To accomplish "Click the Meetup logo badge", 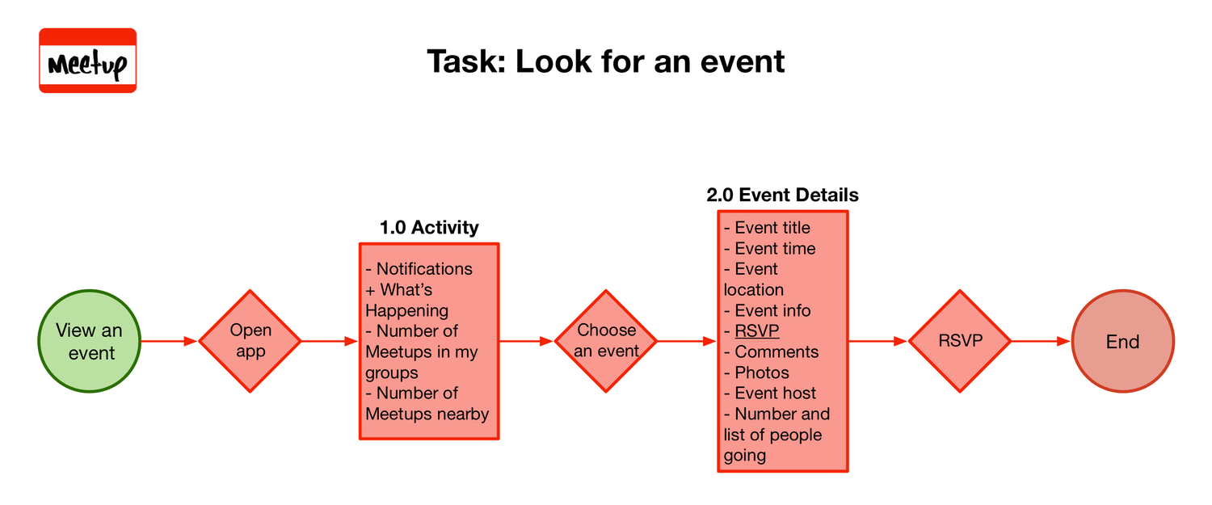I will tap(87, 61).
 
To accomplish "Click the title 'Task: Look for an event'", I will tap(605, 61).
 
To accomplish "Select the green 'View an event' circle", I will tap(90, 341).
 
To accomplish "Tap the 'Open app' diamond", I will tap(250, 341).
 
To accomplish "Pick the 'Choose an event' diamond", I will tap(606, 341).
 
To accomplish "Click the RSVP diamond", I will tap(960, 341).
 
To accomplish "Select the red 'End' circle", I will tap(1122, 341).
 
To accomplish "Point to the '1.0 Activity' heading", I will tap(429, 228).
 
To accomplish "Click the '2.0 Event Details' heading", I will tap(782, 195).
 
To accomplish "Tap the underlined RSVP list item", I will tap(756, 331).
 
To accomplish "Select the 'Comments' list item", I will tap(776, 352).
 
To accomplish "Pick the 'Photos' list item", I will tap(761, 373).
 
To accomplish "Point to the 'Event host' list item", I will tap(775, 393).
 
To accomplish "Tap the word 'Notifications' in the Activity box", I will tap(424, 269).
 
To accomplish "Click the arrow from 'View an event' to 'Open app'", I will tap(170, 341).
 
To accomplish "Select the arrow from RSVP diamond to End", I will tap(1041, 341).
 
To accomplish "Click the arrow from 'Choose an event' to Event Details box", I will tap(687, 341).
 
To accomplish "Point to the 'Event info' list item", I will tap(772, 311).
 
